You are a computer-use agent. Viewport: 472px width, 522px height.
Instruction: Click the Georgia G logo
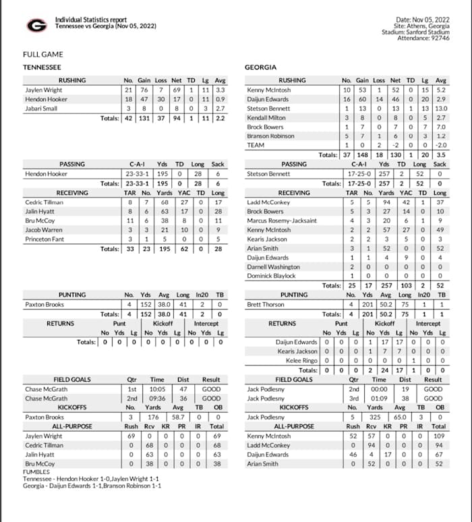[36, 25]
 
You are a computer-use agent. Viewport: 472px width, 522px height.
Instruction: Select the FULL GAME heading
[43, 55]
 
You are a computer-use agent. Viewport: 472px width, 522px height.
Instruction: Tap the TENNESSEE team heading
[42, 67]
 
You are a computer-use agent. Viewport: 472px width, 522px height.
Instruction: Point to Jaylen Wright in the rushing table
[43, 90]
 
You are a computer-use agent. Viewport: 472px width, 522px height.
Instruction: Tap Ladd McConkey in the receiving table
[268, 202]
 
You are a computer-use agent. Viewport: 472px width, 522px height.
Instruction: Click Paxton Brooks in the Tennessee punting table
[45, 304]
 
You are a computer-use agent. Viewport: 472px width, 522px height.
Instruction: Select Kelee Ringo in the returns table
[301, 361]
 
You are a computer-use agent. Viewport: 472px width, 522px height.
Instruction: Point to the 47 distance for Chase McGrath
[183, 389]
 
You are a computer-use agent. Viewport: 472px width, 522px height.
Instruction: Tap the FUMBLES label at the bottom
[36, 473]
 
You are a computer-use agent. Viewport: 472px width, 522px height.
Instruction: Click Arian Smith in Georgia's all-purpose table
[263, 464]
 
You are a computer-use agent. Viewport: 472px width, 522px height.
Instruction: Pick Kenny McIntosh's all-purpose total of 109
[439, 436]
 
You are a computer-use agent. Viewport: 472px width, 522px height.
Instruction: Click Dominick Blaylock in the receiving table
[272, 276]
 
